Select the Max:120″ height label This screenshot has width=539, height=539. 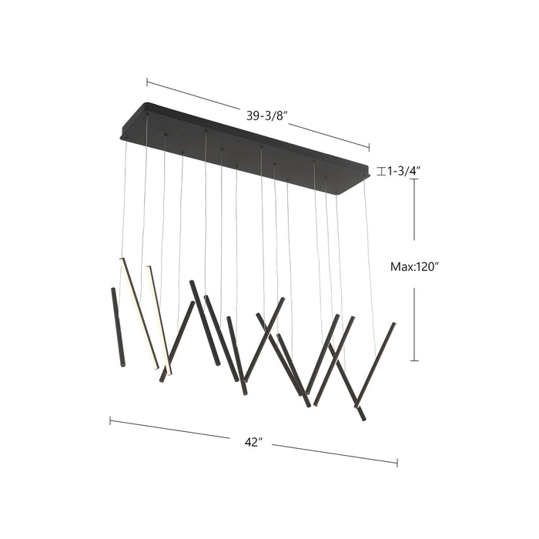(x=414, y=266)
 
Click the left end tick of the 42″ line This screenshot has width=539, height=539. (x=110, y=420)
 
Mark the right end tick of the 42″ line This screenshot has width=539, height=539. (x=397, y=463)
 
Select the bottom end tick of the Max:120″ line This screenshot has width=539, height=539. (x=415, y=360)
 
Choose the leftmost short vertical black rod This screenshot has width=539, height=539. (x=117, y=327)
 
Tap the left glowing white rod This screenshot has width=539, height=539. (x=140, y=312)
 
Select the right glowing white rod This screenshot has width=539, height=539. (x=159, y=320)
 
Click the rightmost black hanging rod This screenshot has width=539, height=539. (x=377, y=362)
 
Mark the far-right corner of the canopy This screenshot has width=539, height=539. (x=368, y=174)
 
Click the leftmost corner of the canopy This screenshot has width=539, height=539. (x=122, y=137)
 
